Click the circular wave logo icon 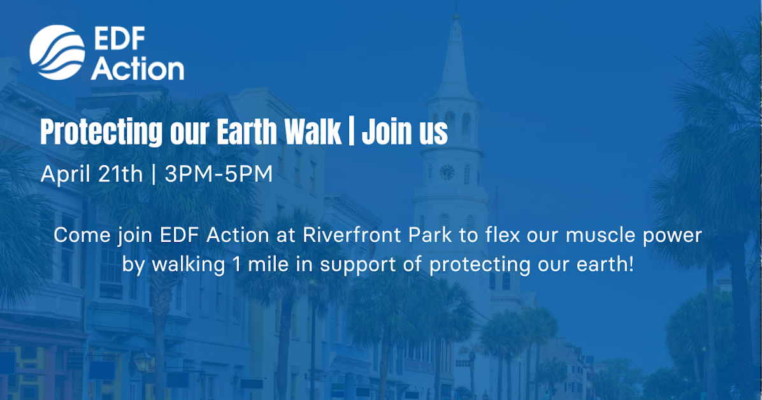point(57,53)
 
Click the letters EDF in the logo point(119,39)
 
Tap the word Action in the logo point(137,68)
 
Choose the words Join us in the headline point(405,132)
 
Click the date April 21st point(91,174)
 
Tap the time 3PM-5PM point(219,174)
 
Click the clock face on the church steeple point(447,172)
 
